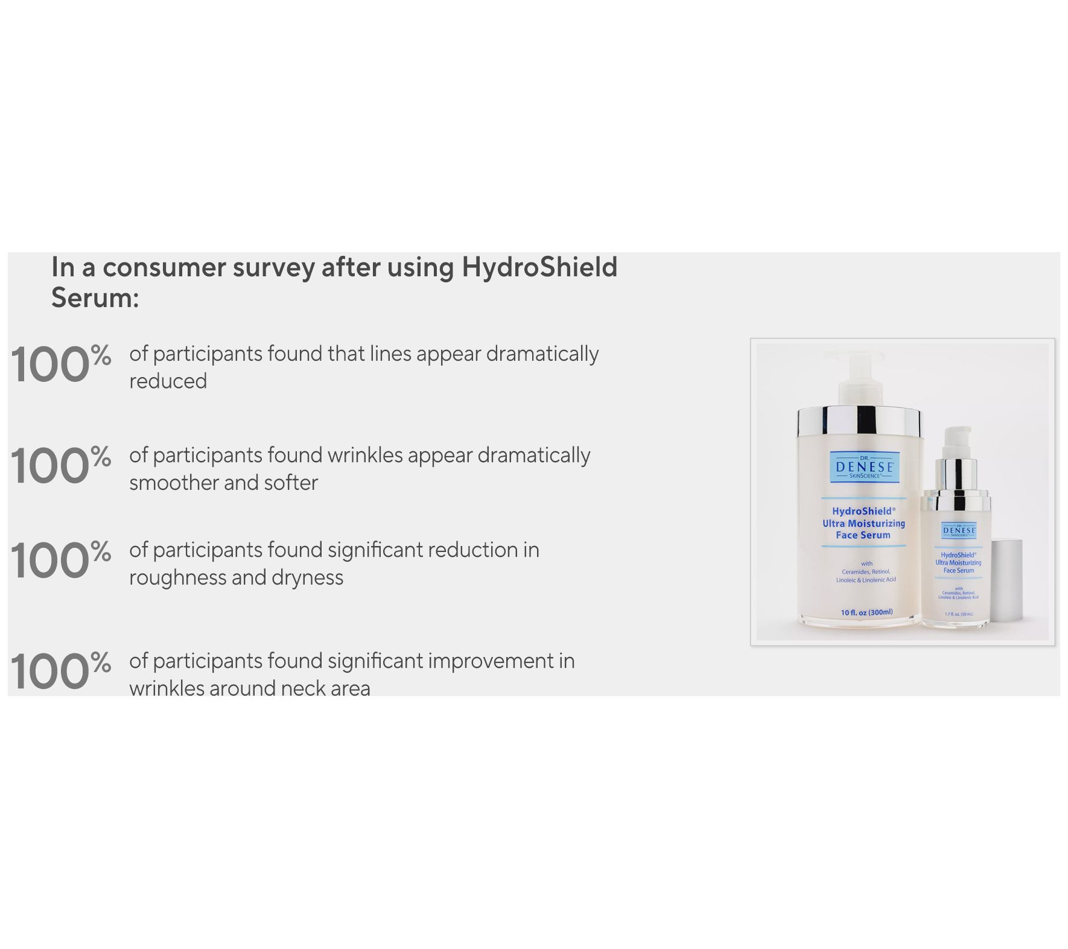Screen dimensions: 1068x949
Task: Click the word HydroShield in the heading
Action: click(x=539, y=267)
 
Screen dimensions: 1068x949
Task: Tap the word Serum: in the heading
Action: click(x=95, y=297)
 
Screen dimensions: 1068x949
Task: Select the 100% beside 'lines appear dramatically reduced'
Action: click(x=61, y=364)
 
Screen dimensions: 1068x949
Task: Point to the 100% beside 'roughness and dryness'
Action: click(x=61, y=560)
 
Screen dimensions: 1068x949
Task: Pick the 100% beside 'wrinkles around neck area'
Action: click(x=61, y=671)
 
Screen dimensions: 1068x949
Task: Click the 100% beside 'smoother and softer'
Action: click(x=61, y=465)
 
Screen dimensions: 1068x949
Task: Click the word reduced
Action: click(x=168, y=381)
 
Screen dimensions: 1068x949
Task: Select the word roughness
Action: click(x=177, y=578)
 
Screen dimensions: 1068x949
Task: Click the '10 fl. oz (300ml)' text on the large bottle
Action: click(x=866, y=612)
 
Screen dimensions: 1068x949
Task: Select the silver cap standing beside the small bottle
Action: click(x=1006, y=580)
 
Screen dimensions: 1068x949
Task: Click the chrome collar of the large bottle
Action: click(x=859, y=422)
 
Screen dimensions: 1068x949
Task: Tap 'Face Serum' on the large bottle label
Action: click(x=863, y=535)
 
